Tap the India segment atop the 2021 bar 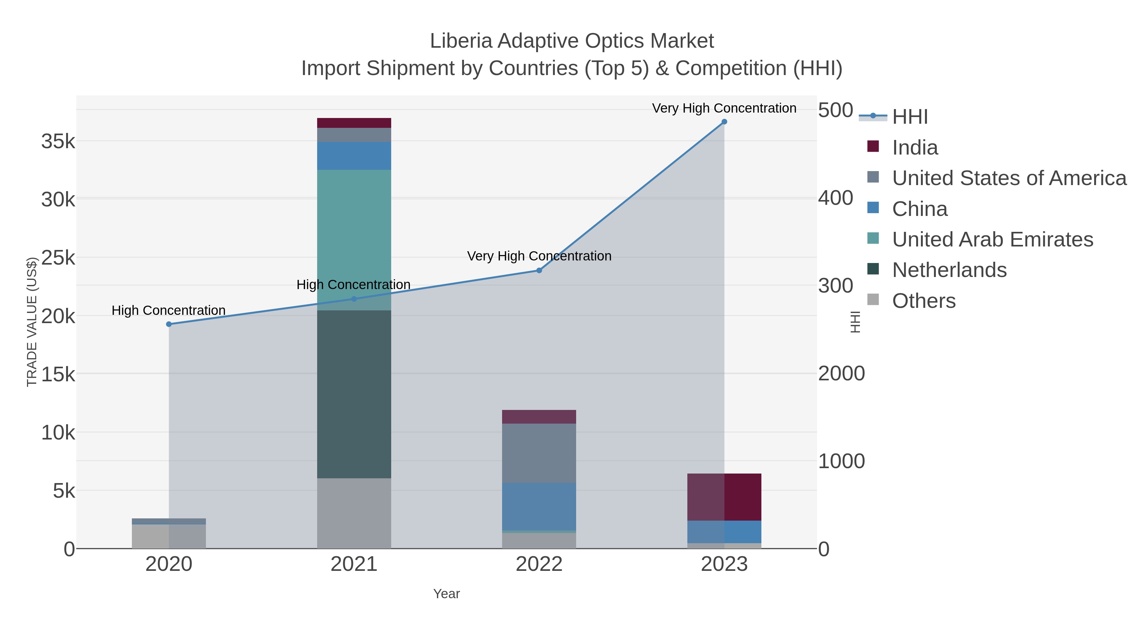(354, 123)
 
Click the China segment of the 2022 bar (539, 506)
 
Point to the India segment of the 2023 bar (724, 496)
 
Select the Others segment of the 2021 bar (354, 513)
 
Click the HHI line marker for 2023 (724, 122)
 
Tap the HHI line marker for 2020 (169, 324)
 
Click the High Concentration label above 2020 (168, 310)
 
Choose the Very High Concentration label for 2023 (724, 108)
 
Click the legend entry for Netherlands (949, 270)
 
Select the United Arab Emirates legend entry (992, 239)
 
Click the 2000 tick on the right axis (841, 373)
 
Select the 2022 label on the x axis (539, 564)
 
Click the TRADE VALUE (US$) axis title (32, 322)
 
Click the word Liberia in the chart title (460, 41)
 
